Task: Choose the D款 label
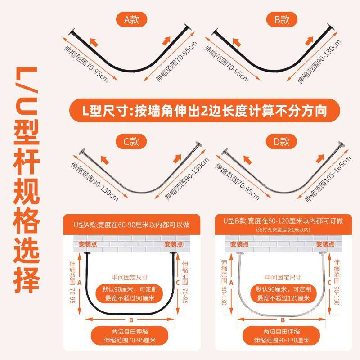coord(278,142)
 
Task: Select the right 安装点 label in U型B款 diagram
coord(325,244)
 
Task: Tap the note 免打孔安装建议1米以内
coord(283,229)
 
